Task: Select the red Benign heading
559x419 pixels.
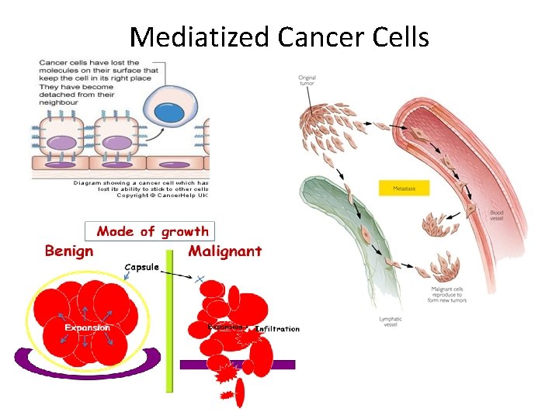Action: point(69,251)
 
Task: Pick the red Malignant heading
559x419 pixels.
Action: point(225,251)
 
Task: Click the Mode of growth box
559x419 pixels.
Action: point(152,230)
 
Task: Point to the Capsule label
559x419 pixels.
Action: point(141,267)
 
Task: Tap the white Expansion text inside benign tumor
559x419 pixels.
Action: point(87,327)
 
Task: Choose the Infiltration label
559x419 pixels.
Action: point(277,329)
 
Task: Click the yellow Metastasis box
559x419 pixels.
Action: point(403,187)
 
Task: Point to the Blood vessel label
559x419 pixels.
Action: point(496,215)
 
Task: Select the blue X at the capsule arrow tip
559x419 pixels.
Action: point(201,278)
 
